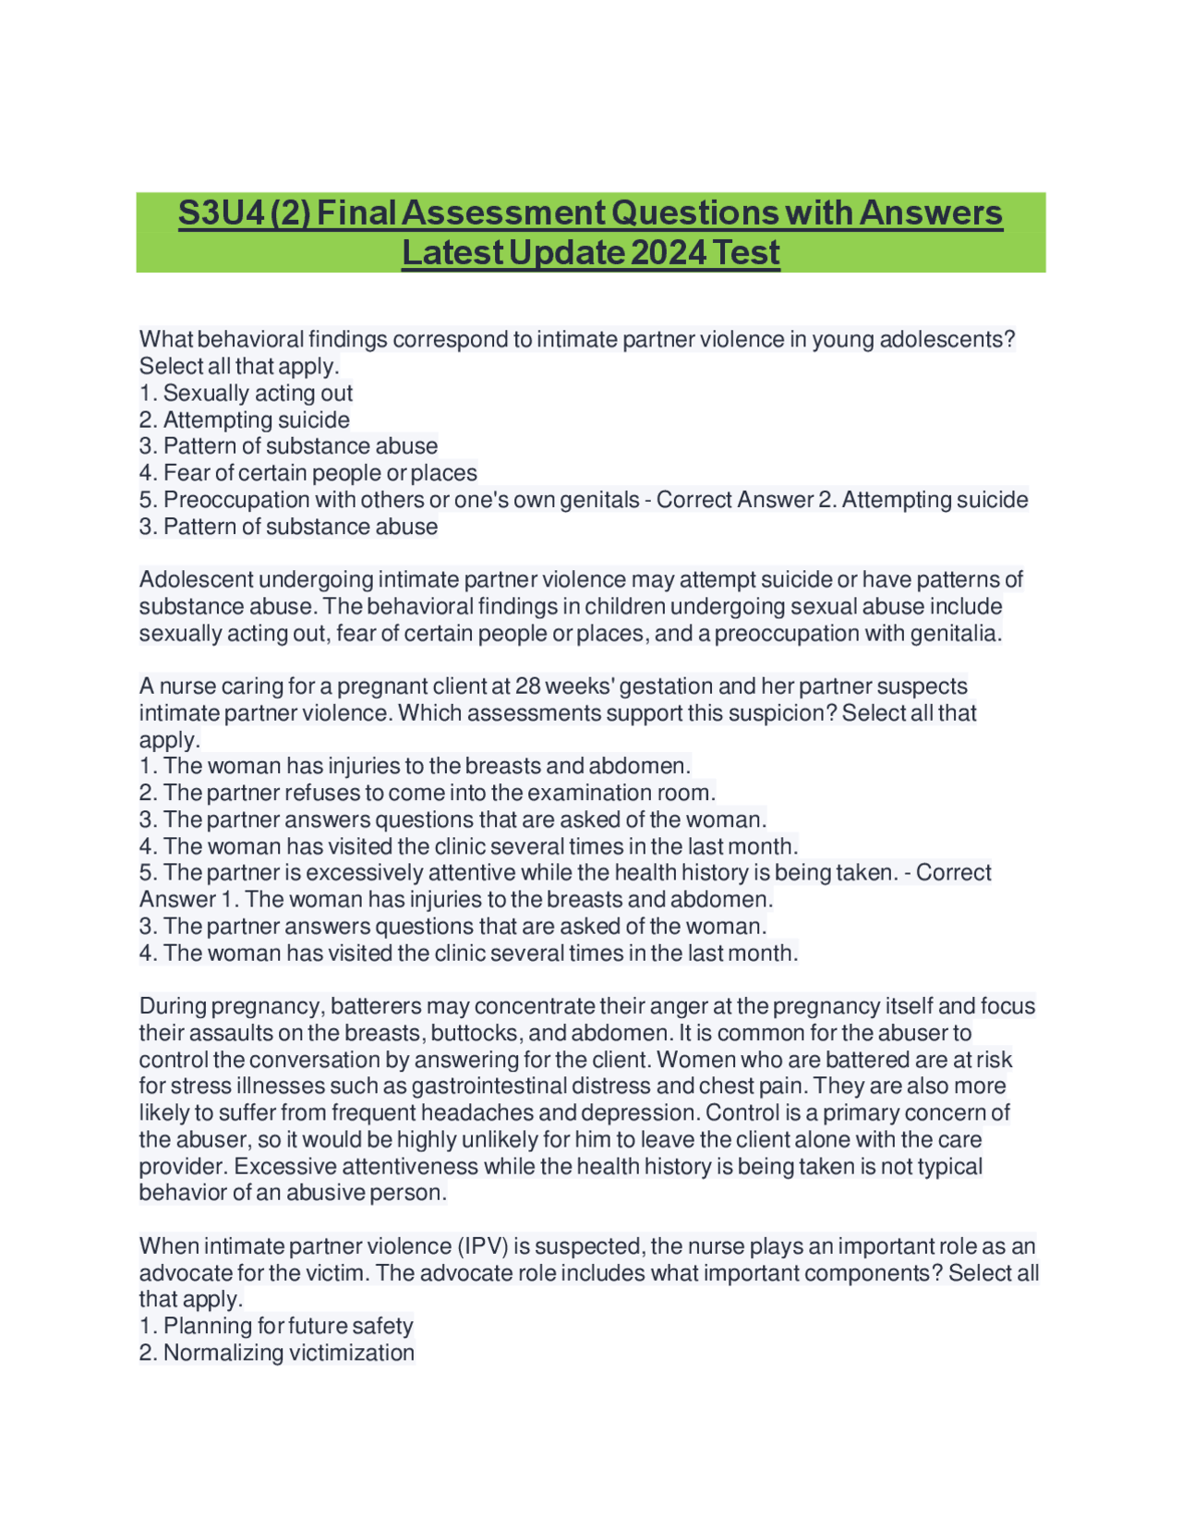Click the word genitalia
(x=955, y=634)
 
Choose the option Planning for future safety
(x=288, y=1327)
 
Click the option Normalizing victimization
(x=289, y=1354)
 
